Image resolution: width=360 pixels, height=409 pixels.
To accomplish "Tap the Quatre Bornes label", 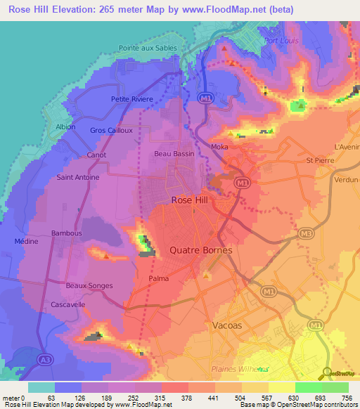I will point(201,250).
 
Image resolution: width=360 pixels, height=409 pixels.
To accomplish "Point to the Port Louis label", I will point(281,41).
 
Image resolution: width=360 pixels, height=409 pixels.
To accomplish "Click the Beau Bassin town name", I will point(174,152).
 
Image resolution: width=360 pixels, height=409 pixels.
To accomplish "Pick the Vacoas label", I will point(226,325).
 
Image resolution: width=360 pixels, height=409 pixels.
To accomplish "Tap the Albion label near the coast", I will point(65,126).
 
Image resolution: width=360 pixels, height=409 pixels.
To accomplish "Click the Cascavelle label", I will point(68,305).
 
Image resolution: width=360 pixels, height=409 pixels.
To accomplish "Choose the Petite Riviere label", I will point(132,99).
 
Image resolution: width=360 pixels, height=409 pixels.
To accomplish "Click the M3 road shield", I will point(306,233).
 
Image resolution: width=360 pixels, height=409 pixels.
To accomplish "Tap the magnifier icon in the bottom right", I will point(327,373).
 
